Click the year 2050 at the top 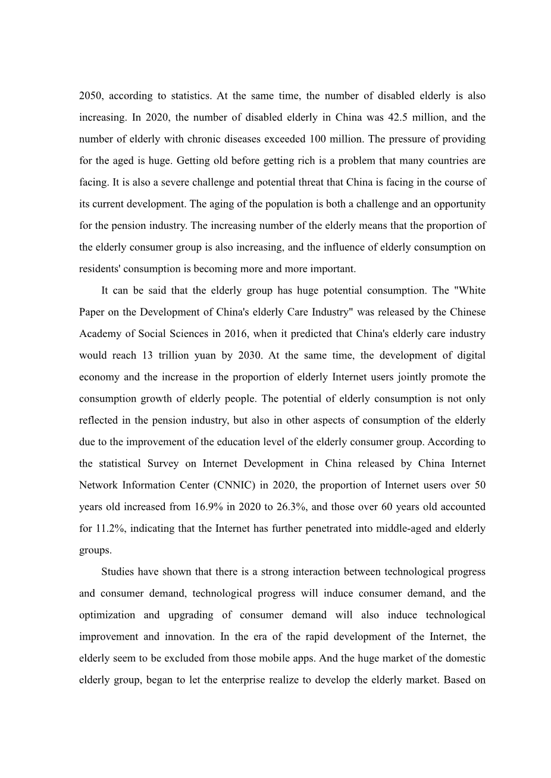(x=90, y=96)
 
